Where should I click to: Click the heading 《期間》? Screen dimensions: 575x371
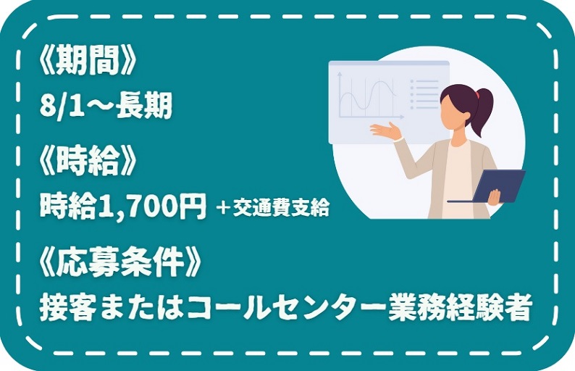click(x=88, y=62)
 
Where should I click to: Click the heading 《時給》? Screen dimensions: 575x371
click(x=88, y=162)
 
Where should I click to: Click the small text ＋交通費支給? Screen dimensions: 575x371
click(x=272, y=209)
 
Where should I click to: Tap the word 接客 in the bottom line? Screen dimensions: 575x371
click(x=68, y=307)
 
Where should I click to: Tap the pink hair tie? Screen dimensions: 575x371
click(x=477, y=95)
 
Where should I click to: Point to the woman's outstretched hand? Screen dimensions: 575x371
click(x=386, y=131)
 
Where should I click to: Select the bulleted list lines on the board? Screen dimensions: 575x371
click(x=424, y=94)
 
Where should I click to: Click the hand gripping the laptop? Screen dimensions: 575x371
click(x=495, y=197)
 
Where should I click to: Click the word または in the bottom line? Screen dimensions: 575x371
click(x=142, y=307)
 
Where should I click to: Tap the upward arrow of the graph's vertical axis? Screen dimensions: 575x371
click(x=340, y=75)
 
